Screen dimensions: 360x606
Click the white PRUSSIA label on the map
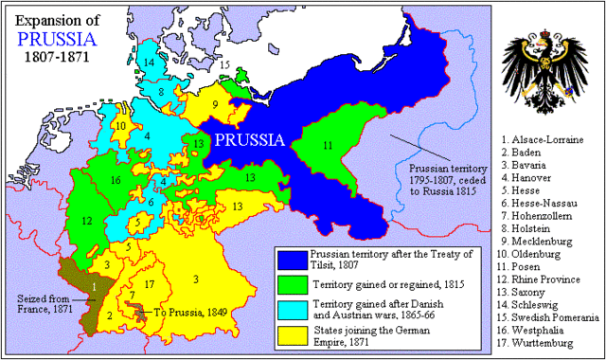tap(249, 140)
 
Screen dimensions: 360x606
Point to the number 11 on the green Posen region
tap(328, 145)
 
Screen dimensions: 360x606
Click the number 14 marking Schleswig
tap(149, 62)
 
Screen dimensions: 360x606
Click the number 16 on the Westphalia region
tap(115, 179)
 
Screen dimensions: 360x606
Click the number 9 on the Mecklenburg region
tap(215, 104)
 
